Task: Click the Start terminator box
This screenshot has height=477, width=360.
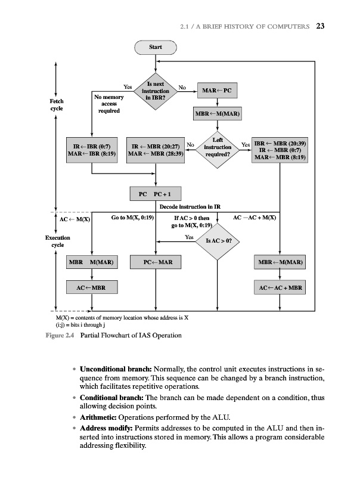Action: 156,47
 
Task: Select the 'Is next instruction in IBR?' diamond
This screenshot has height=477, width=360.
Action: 156,91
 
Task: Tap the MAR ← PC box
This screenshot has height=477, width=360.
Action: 216,91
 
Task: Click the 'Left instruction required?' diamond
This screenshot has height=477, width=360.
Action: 218,146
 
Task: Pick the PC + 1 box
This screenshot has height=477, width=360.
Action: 156,194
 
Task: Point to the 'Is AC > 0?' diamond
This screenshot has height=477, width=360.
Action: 218,241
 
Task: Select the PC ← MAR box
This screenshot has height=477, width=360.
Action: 156,262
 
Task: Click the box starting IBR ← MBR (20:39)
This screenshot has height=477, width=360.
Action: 280,151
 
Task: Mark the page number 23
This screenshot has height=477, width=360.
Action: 320,26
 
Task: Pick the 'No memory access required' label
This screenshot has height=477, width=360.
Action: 108,103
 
